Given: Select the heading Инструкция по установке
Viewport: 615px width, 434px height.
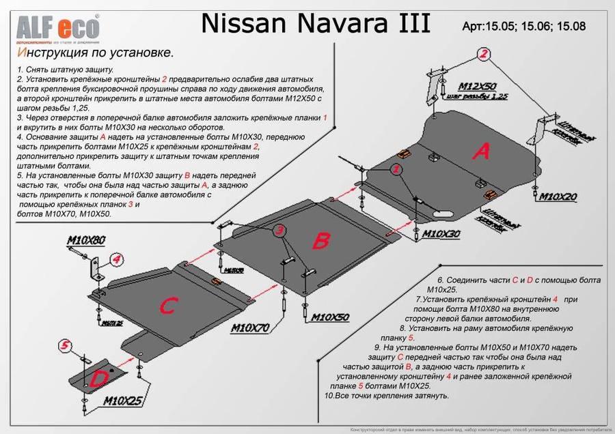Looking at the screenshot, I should tap(95, 53).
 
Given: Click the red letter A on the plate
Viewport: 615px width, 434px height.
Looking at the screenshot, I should tap(482, 151).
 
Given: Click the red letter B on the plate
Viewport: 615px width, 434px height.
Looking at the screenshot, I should tap(321, 240).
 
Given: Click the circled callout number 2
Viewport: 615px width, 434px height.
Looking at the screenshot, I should tap(484, 54).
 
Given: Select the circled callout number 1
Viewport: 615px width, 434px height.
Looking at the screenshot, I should tap(396, 168).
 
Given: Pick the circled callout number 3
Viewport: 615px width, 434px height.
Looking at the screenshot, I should tap(280, 232).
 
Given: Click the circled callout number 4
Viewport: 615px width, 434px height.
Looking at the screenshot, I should tap(116, 259).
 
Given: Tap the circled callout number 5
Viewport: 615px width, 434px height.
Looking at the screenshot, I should tap(65, 347).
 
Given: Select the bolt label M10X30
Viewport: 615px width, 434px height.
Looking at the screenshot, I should tap(441, 233).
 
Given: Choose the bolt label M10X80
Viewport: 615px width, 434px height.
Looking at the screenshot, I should tap(86, 240).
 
